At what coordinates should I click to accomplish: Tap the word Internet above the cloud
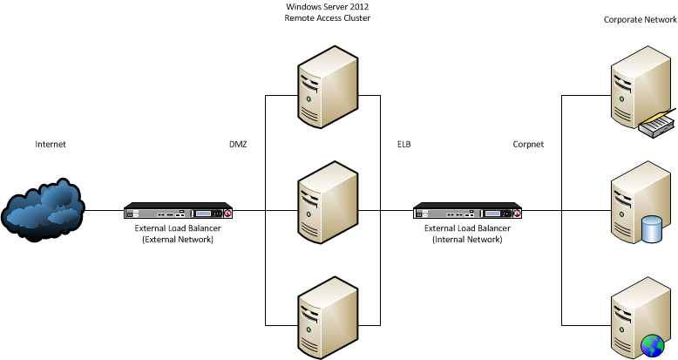coord(50,144)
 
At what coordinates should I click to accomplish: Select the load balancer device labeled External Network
coord(179,211)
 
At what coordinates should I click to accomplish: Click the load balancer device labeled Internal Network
coord(467,211)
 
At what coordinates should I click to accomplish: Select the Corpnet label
coord(528,144)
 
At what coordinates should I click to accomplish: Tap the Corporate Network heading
coord(638,18)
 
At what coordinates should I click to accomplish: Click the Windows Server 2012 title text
coord(322,6)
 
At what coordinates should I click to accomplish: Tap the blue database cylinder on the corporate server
coord(651,230)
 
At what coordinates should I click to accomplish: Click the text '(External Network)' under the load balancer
coord(179,238)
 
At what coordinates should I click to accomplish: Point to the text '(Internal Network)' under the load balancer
coord(467,238)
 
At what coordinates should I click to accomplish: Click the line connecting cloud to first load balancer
coord(105,210)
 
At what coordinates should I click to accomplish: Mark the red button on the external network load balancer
coord(227,214)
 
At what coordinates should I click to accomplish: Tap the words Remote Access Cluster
coord(322,17)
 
